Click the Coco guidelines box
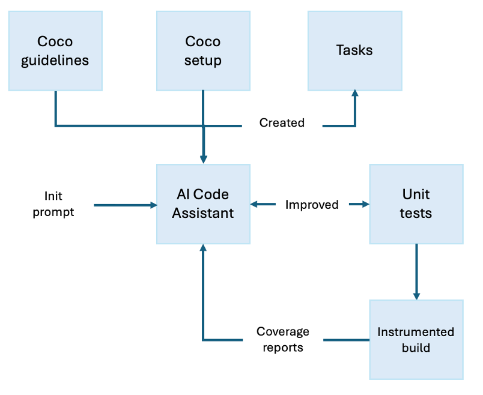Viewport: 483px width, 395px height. click(x=55, y=51)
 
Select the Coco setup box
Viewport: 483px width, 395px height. click(x=203, y=51)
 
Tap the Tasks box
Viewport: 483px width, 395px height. click(x=354, y=51)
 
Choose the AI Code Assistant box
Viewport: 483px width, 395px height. click(x=203, y=204)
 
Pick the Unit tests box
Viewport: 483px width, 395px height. click(x=416, y=204)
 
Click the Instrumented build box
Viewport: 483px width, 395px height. click(x=416, y=340)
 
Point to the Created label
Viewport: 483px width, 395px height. click(x=282, y=123)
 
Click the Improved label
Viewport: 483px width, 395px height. click(x=312, y=205)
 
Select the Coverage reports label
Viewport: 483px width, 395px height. click(x=282, y=339)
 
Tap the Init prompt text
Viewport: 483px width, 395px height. click(x=53, y=204)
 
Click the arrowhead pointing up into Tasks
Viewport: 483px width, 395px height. click(x=355, y=94)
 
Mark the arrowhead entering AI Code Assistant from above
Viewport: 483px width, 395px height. click(x=203, y=159)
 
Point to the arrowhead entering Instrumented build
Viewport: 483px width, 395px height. click(x=416, y=295)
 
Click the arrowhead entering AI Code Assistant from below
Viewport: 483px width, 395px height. click(x=203, y=249)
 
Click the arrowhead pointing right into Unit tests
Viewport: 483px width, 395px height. click(x=365, y=205)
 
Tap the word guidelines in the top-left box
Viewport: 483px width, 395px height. click(x=55, y=61)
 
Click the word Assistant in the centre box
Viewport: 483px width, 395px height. click(x=203, y=213)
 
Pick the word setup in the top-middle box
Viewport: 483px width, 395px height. click(x=203, y=61)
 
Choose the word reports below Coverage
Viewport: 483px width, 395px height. click(x=282, y=348)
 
